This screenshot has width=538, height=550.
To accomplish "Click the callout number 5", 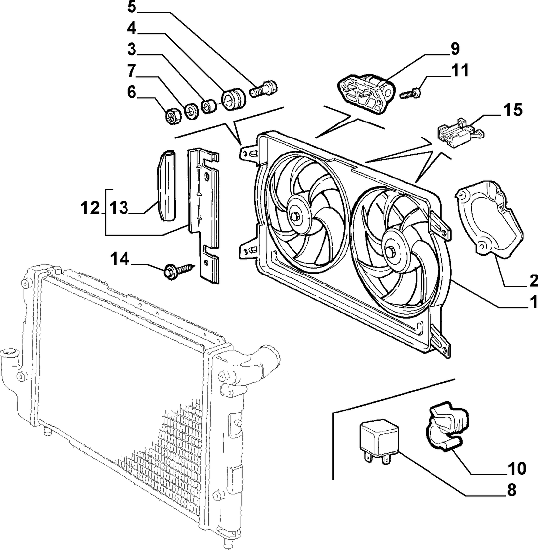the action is (132, 7).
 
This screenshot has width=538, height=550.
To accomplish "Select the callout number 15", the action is (513, 110).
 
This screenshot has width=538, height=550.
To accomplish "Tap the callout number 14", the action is (120, 259).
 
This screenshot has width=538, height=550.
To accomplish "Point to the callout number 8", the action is (512, 490).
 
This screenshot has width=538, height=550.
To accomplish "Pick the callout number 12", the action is (90, 208).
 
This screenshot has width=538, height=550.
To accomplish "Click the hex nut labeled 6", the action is (172, 116).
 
